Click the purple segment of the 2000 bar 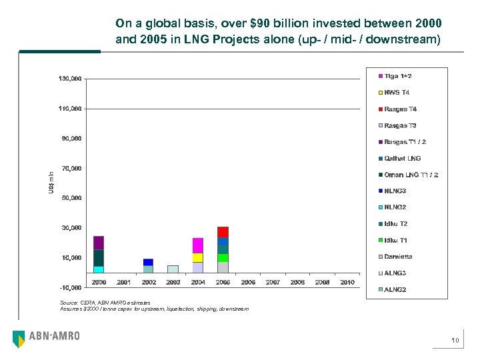pyautogui.click(x=99, y=243)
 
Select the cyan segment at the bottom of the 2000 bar pyautogui.click(x=99, y=269)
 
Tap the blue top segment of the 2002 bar pyautogui.click(x=148, y=262)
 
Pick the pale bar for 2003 pyautogui.click(x=173, y=269)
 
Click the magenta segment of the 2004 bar pyautogui.click(x=197, y=245)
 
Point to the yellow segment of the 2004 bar pyautogui.click(x=197, y=257)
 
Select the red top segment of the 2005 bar pyautogui.click(x=223, y=231)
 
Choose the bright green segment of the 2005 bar pyautogui.click(x=223, y=257)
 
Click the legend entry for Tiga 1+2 pyautogui.click(x=398, y=76)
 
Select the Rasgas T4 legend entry pyautogui.click(x=400, y=109)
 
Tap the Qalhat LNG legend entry pyautogui.click(x=402, y=158)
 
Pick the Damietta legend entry pyautogui.click(x=398, y=257)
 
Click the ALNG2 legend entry pyautogui.click(x=395, y=289)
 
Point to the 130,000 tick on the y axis pyautogui.click(x=70, y=79)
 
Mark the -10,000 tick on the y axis pyautogui.click(x=70, y=287)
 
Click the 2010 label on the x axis pyautogui.click(x=347, y=283)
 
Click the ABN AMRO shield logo pyautogui.click(x=19, y=338)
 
